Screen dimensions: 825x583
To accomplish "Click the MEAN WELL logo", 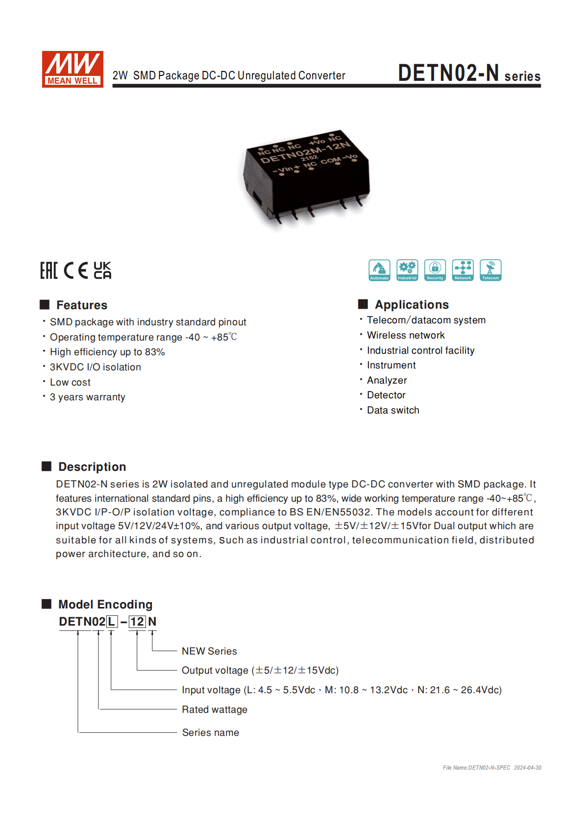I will tap(73, 69).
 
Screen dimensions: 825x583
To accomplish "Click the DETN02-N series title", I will tap(469, 73).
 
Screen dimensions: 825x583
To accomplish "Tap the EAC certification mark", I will tap(49, 270).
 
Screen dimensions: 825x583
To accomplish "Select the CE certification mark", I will tap(76, 270).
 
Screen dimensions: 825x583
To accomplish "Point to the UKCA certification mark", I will tap(102, 270).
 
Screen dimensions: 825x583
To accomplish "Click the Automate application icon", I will tap(379, 270).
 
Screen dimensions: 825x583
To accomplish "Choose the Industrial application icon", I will tap(407, 270).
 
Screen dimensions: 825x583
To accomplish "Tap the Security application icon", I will tap(435, 270).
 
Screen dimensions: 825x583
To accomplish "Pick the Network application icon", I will tap(463, 270).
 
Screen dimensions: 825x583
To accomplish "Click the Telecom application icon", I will tap(490, 270).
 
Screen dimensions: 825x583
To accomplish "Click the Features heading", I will tap(81, 305).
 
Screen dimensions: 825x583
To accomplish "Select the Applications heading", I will tap(412, 305).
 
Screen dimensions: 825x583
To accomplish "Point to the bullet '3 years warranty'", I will tap(87, 397).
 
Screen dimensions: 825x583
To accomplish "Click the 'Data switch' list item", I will tap(393, 411).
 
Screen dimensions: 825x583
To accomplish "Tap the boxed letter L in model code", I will tap(112, 622).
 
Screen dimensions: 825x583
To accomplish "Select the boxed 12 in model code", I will tap(137, 622).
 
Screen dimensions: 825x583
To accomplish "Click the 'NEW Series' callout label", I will tap(209, 651).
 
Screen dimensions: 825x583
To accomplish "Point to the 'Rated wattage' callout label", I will tap(215, 710).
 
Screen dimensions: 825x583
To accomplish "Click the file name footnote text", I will tap(492, 768).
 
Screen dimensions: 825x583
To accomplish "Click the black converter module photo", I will tap(306, 179).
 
